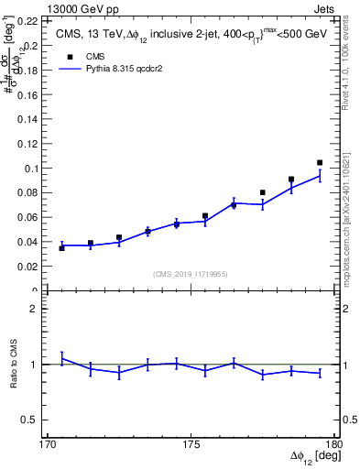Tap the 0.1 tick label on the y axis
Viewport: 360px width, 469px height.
pos(34,168)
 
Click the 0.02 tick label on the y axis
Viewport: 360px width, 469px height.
pos(30,267)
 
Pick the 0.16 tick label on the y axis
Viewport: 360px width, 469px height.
pos(30,94)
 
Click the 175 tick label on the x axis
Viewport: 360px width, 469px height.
pos(191,443)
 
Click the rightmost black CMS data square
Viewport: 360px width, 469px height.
pos(320,163)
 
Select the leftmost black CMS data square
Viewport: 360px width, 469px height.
pos(61,248)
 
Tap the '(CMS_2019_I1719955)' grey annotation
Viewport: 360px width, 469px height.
pos(191,274)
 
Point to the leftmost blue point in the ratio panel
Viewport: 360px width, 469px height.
pos(61,358)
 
